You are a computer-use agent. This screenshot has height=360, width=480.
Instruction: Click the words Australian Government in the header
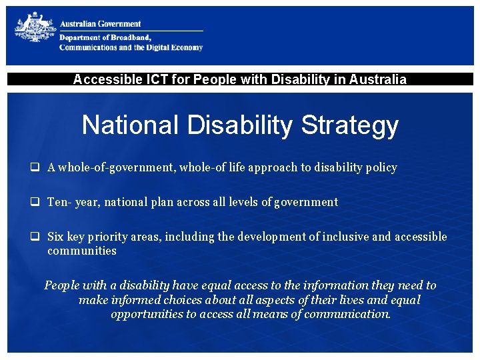[101, 24]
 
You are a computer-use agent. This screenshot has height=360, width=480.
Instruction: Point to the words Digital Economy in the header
[175, 47]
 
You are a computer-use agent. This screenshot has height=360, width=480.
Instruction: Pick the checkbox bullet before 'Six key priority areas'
[34, 237]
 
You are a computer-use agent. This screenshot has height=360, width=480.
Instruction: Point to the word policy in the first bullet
[381, 168]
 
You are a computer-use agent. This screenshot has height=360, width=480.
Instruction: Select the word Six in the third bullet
[56, 237]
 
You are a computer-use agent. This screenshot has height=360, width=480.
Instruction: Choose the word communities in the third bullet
[81, 251]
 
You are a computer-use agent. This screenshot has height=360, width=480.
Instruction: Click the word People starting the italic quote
[61, 285]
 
